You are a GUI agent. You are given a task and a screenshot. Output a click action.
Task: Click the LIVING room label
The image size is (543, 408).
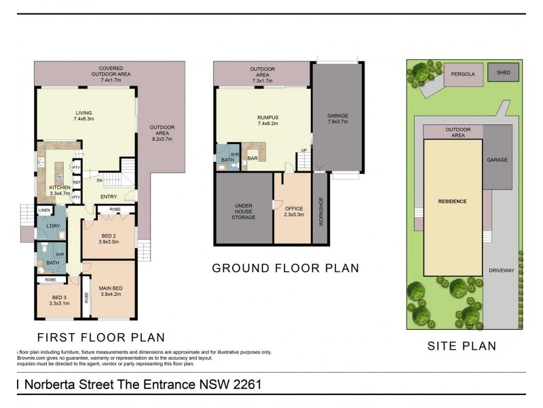point(84,113)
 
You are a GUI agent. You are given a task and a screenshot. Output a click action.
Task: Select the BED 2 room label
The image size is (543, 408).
point(109,235)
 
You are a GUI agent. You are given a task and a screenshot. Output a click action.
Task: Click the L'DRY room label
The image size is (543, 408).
point(45,226)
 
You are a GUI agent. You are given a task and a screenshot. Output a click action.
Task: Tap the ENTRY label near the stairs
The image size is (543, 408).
point(109,197)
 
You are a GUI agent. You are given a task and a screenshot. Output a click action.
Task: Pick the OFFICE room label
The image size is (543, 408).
point(293,209)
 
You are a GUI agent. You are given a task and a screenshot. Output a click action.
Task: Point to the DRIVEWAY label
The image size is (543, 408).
point(502,270)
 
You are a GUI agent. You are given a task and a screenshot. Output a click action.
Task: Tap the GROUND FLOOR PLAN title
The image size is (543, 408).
point(286,268)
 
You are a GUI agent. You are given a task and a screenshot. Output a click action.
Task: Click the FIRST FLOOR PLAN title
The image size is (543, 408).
point(100,337)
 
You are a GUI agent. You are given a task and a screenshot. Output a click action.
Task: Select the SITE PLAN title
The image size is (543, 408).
point(462,346)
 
